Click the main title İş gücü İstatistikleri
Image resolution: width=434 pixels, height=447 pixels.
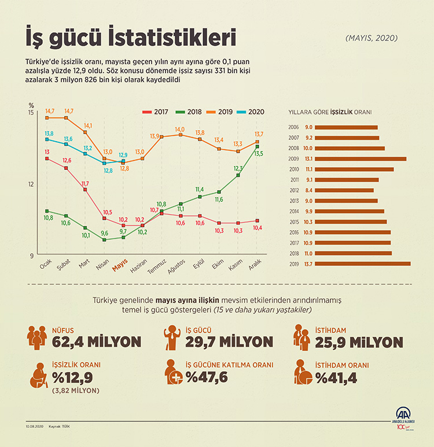click(x=131, y=39)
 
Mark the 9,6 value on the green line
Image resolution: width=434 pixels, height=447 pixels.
click(x=105, y=233)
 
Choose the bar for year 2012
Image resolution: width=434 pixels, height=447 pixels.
click(x=344, y=190)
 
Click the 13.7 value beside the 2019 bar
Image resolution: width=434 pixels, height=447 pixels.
click(x=308, y=264)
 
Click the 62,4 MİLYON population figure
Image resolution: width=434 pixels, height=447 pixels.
click(x=97, y=341)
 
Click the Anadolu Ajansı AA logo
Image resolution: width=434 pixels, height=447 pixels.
click(x=403, y=416)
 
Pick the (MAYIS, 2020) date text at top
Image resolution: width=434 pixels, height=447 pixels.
click(x=372, y=38)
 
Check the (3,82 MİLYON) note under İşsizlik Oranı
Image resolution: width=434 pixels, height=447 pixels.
click(x=75, y=391)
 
